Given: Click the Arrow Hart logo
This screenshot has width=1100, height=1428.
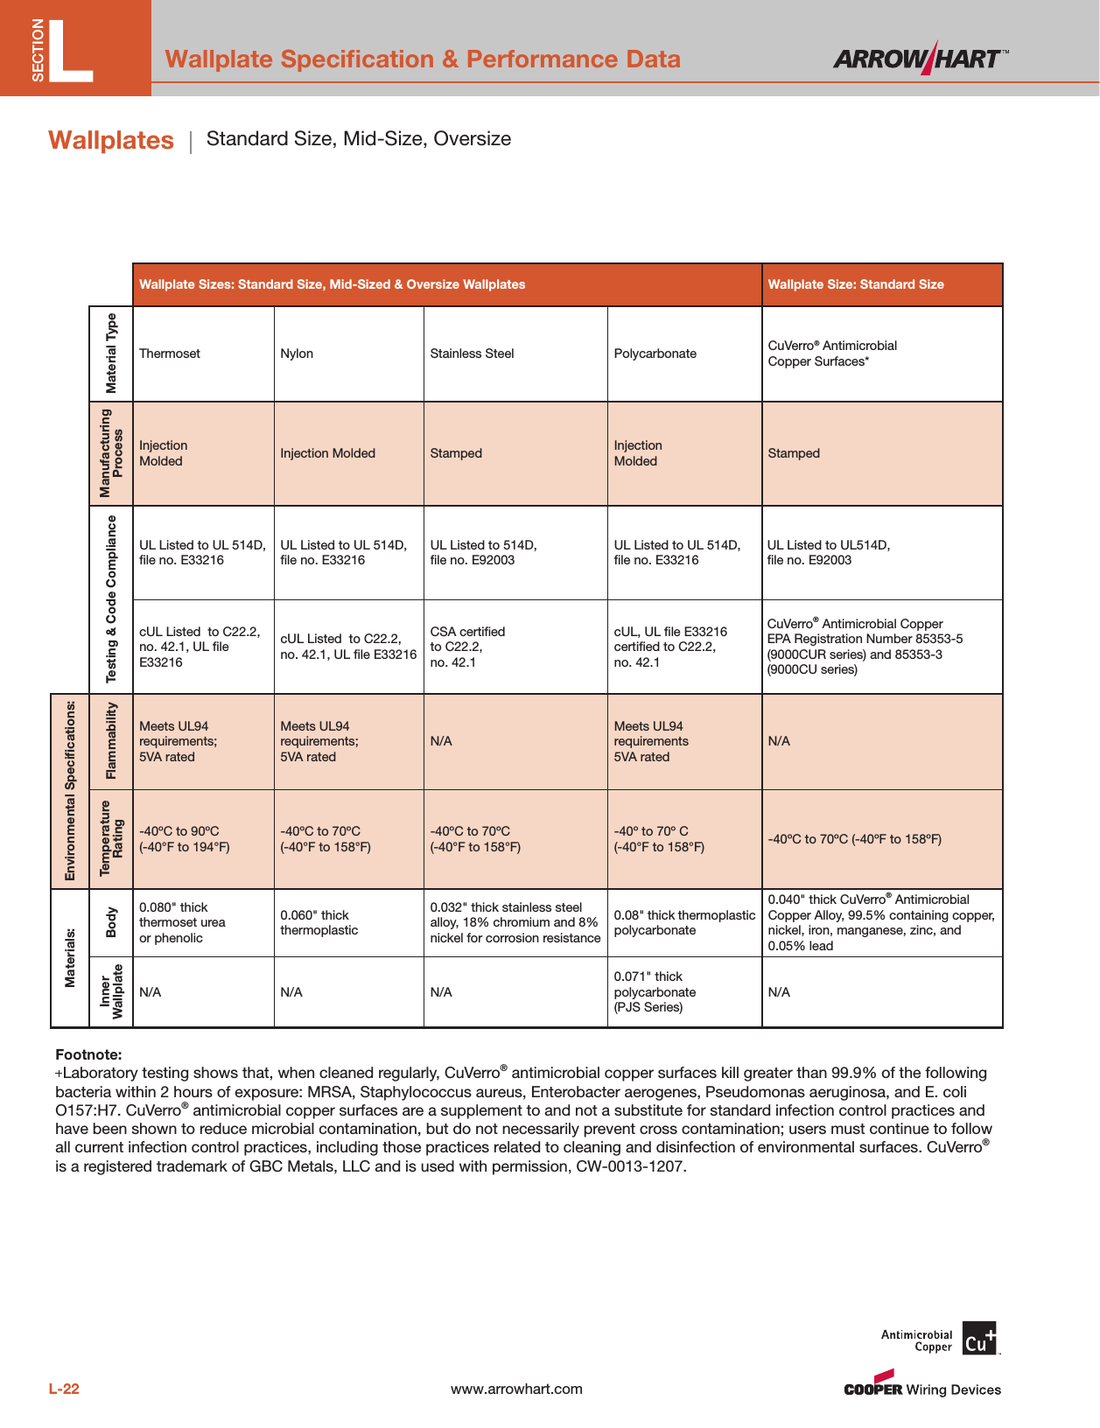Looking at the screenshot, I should pyautogui.click(x=919, y=59).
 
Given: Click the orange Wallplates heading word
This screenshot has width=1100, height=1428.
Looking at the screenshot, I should pyautogui.click(x=111, y=140).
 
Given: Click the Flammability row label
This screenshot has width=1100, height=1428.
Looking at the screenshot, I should pyautogui.click(x=111, y=741).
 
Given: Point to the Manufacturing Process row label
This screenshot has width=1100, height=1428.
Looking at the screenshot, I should pyautogui.click(x=111, y=453).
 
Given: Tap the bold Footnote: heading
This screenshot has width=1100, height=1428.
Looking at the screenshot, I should pyautogui.click(x=88, y=1054).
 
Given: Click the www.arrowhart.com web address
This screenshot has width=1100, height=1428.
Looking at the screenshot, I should pyautogui.click(x=516, y=1389).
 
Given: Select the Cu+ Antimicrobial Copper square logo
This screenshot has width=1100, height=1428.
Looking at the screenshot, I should pyautogui.click(x=978, y=1339).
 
